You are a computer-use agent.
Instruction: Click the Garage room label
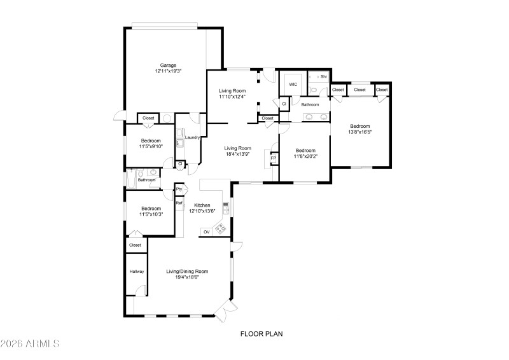[x=168, y=65]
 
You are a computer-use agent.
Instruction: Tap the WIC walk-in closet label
[x=293, y=84]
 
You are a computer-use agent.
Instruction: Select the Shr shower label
[x=324, y=76]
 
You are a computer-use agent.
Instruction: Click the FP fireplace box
[x=274, y=158]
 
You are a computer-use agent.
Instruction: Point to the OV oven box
[x=206, y=232]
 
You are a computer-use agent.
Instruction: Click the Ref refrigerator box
[x=179, y=203]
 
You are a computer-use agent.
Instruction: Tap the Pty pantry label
[x=179, y=190]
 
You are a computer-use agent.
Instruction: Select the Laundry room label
[x=193, y=137]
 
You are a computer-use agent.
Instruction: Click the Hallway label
[x=137, y=272]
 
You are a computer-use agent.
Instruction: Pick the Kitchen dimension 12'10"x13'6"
[x=202, y=211]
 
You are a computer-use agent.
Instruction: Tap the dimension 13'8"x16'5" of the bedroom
[x=359, y=132]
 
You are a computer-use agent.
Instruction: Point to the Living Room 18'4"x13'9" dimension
[x=237, y=153]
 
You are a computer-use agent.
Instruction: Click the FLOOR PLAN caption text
[x=261, y=333]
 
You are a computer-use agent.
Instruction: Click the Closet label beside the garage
[x=148, y=118]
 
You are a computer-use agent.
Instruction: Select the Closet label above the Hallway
[x=135, y=245]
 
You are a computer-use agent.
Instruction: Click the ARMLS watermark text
[x=31, y=344]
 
